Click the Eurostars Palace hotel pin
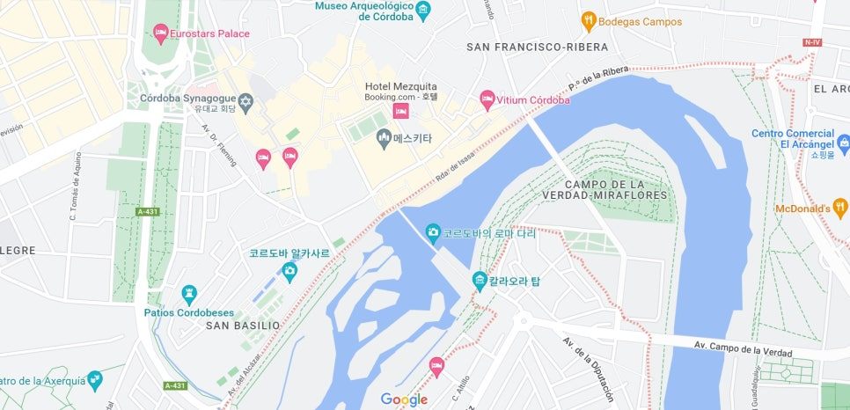[160, 33]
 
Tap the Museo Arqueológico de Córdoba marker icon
[424, 11]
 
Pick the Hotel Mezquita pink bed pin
[401, 111]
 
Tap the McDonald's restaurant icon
[840, 208]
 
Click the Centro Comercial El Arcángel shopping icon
[843, 142]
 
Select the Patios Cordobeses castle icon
[189, 293]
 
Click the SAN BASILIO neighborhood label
[243, 326]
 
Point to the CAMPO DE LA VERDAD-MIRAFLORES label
[616, 189]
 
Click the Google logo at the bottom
[404, 399]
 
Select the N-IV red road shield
[811, 41]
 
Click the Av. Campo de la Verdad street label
[744, 346]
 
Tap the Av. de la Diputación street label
[588, 366]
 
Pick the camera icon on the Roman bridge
[433, 233]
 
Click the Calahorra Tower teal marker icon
[480, 281]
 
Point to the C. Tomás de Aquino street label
[74, 188]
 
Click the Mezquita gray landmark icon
[383, 137]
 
